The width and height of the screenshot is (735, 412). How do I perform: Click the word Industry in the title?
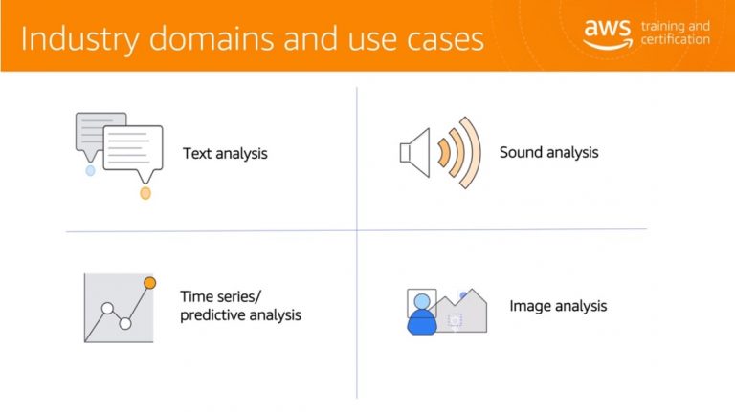pyautogui.click(x=80, y=39)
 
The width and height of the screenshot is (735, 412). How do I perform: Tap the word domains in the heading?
pyautogui.click(x=212, y=37)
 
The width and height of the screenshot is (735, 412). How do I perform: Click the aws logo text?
pyautogui.click(x=608, y=29)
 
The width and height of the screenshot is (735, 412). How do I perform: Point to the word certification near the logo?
pyautogui.click(x=675, y=39)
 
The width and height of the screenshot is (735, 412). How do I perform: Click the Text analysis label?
pyautogui.click(x=225, y=154)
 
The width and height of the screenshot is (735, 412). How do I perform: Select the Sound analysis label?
pyautogui.click(x=549, y=153)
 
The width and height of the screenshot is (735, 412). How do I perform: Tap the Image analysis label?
pyautogui.click(x=558, y=306)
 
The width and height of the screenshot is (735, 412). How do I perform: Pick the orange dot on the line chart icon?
pyautogui.click(x=150, y=283)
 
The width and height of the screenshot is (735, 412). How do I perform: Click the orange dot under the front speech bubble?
pyautogui.click(x=145, y=193)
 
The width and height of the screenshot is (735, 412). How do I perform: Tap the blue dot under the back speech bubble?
pyautogui.click(x=91, y=170)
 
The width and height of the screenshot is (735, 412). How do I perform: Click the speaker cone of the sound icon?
pyautogui.click(x=414, y=153)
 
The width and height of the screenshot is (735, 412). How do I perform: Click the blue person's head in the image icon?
pyautogui.click(x=422, y=301)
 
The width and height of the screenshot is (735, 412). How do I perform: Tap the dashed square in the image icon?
pyautogui.click(x=455, y=320)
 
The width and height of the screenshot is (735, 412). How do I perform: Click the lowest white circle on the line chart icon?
pyautogui.click(x=125, y=323)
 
